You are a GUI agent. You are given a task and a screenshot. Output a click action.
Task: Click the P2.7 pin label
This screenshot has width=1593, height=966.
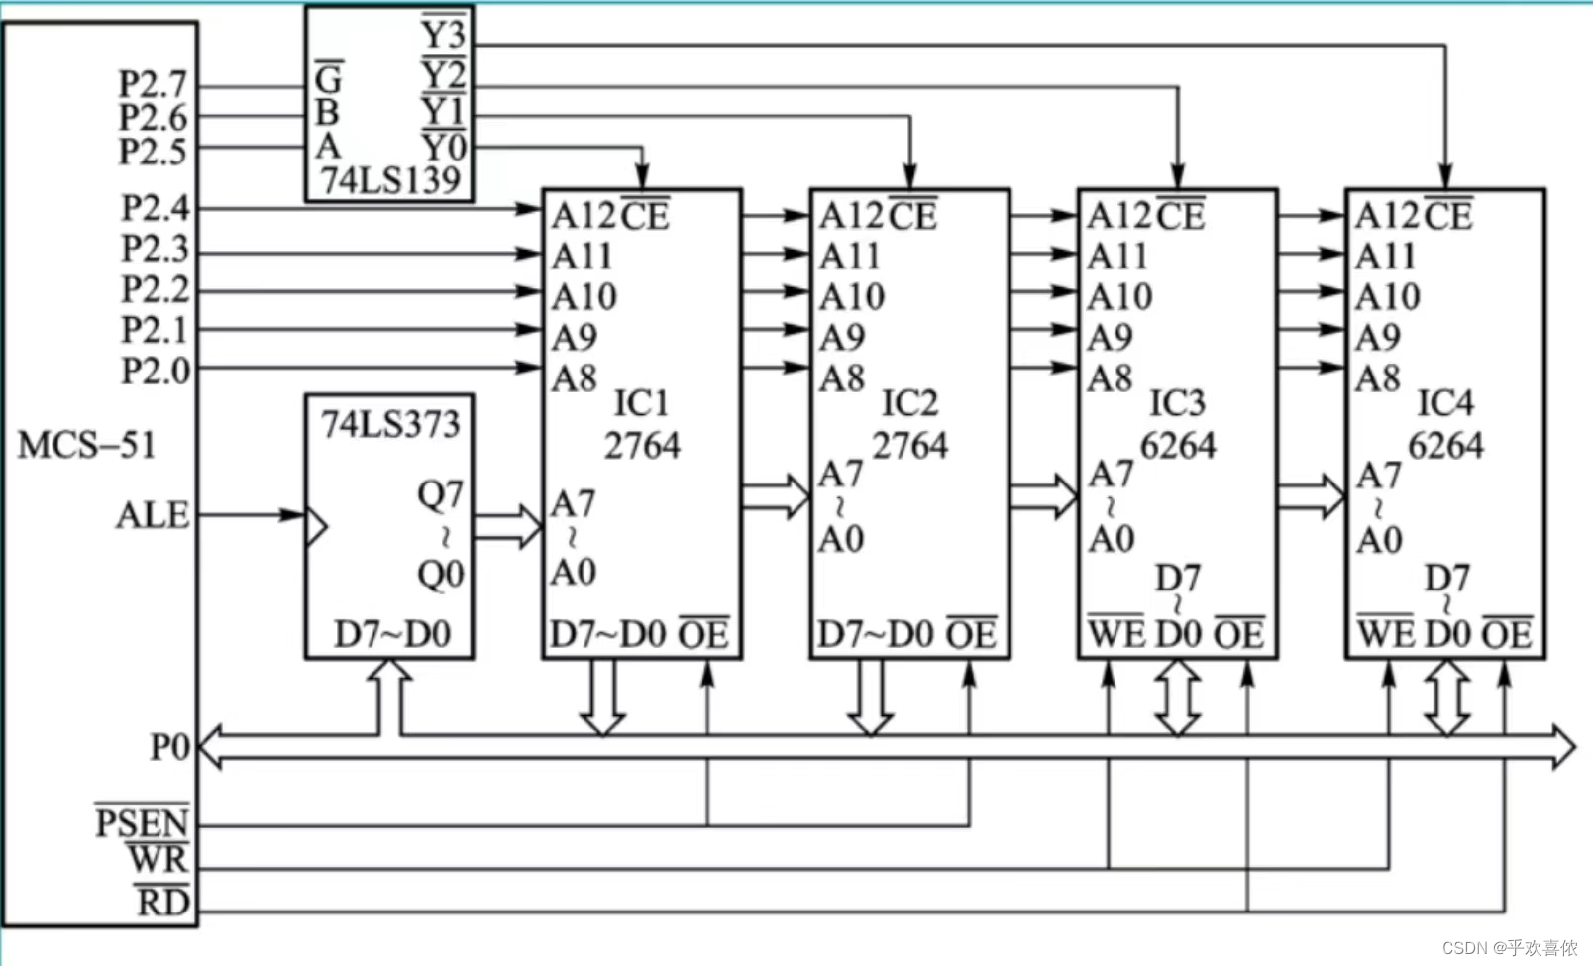[x=153, y=84]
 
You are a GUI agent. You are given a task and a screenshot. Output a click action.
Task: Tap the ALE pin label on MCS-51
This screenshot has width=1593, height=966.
[x=153, y=515]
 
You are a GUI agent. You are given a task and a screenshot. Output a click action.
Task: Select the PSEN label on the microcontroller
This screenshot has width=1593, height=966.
[x=142, y=823]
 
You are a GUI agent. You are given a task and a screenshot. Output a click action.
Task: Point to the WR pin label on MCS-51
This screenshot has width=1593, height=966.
[x=159, y=859]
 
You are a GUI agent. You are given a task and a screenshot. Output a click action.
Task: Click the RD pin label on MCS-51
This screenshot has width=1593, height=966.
[x=162, y=903]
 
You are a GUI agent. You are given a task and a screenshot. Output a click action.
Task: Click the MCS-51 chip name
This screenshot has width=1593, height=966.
[x=87, y=445]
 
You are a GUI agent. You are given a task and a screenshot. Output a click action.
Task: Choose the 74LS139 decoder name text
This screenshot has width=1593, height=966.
[x=390, y=180]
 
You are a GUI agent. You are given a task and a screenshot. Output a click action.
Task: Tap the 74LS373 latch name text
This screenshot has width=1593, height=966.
[x=390, y=424]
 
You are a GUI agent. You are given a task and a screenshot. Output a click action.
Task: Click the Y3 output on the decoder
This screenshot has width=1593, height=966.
[x=443, y=35]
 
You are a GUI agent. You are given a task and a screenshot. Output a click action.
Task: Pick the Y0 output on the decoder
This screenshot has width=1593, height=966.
[x=443, y=148]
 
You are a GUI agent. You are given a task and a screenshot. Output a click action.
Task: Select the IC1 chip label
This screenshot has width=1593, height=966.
[x=641, y=403]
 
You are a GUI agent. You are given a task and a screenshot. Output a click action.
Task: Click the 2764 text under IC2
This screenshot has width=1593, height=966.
[x=909, y=446]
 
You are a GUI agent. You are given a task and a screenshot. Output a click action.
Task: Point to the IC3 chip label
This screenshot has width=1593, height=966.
[x=1177, y=403]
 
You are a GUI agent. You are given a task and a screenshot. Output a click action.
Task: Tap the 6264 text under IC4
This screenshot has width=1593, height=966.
[x=1445, y=446]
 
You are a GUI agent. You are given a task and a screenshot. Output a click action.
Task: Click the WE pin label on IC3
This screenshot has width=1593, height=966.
[x=1116, y=634]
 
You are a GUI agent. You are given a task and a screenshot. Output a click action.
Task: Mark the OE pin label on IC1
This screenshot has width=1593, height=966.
[x=703, y=634]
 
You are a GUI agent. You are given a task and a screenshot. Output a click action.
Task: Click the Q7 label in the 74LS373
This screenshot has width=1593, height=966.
[x=440, y=494]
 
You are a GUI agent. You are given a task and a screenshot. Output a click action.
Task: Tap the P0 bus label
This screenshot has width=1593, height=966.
[x=169, y=747]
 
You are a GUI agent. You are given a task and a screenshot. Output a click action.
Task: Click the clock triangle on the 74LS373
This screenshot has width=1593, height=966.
[x=316, y=526]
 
